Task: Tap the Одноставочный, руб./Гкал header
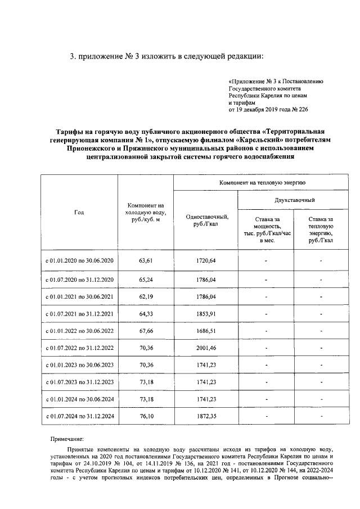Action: tap(206, 220)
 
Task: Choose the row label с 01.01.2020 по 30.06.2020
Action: tap(79, 260)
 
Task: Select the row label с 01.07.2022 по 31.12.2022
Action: tap(79, 348)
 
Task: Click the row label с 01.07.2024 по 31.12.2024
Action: tap(79, 416)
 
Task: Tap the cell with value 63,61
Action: tap(146, 260)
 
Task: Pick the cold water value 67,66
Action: tap(146, 331)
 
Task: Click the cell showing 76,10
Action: tap(146, 416)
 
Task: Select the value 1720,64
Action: tap(206, 260)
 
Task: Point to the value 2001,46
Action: tap(206, 348)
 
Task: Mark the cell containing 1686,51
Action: tap(206, 331)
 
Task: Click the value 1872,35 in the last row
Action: tap(206, 416)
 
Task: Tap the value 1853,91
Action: tap(206, 313)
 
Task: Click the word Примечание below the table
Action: tap(66, 438)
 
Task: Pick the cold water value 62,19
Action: tap(146, 296)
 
